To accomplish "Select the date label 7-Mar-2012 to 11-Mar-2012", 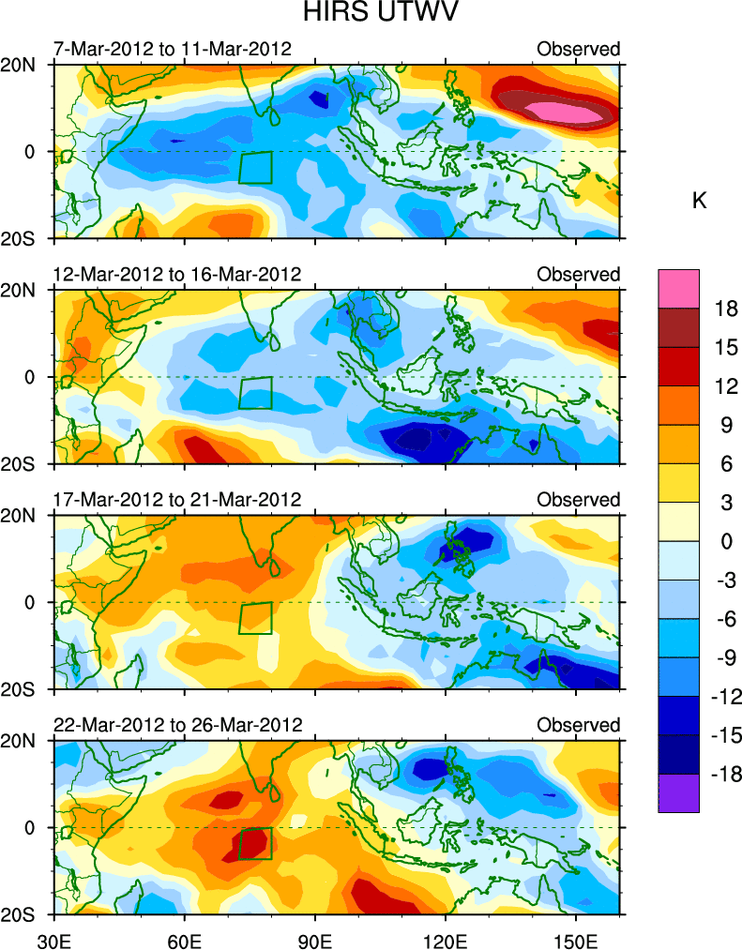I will coord(172,49).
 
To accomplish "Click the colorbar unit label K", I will coord(699,201).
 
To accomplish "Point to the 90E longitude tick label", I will coord(315,938).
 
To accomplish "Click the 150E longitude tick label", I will coord(576,938).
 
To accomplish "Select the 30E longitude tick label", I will coord(53,938).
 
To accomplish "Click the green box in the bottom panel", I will coord(255,843).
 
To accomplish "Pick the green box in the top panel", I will coord(255,167).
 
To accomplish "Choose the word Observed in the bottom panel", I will coord(578,725).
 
